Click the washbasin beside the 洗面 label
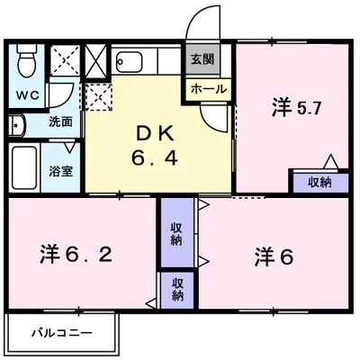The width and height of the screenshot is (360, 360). (16, 122)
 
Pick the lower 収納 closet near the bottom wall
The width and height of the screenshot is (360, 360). (178, 289)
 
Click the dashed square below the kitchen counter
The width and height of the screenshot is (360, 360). (98, 94)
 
